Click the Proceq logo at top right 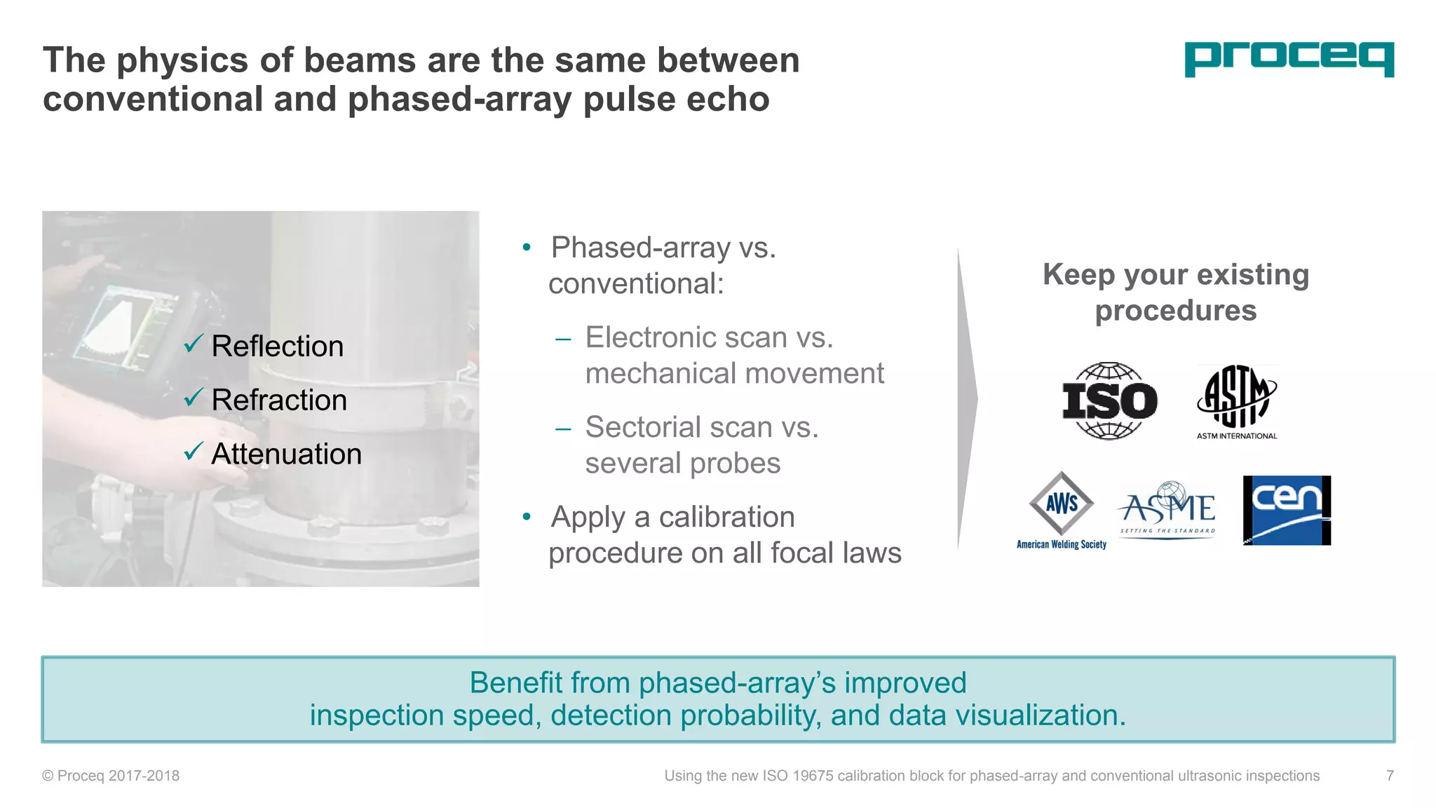[x=1289, y=59]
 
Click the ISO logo [x=1109, y=401]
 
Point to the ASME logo [x=1167, y=509]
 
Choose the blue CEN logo [x=1286, y=510]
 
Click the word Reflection [x=277, y=346]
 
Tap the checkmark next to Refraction [x=193, y=398]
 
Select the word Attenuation [x=286, y=454]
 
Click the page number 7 [x=1390, y=776]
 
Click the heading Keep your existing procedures [x=1176, y=292]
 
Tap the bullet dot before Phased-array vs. [x=527, y=248]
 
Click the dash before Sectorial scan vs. [x=563, y=429]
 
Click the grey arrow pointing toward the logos [x=968, y=398]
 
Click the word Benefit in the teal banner [x=515, y=683]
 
